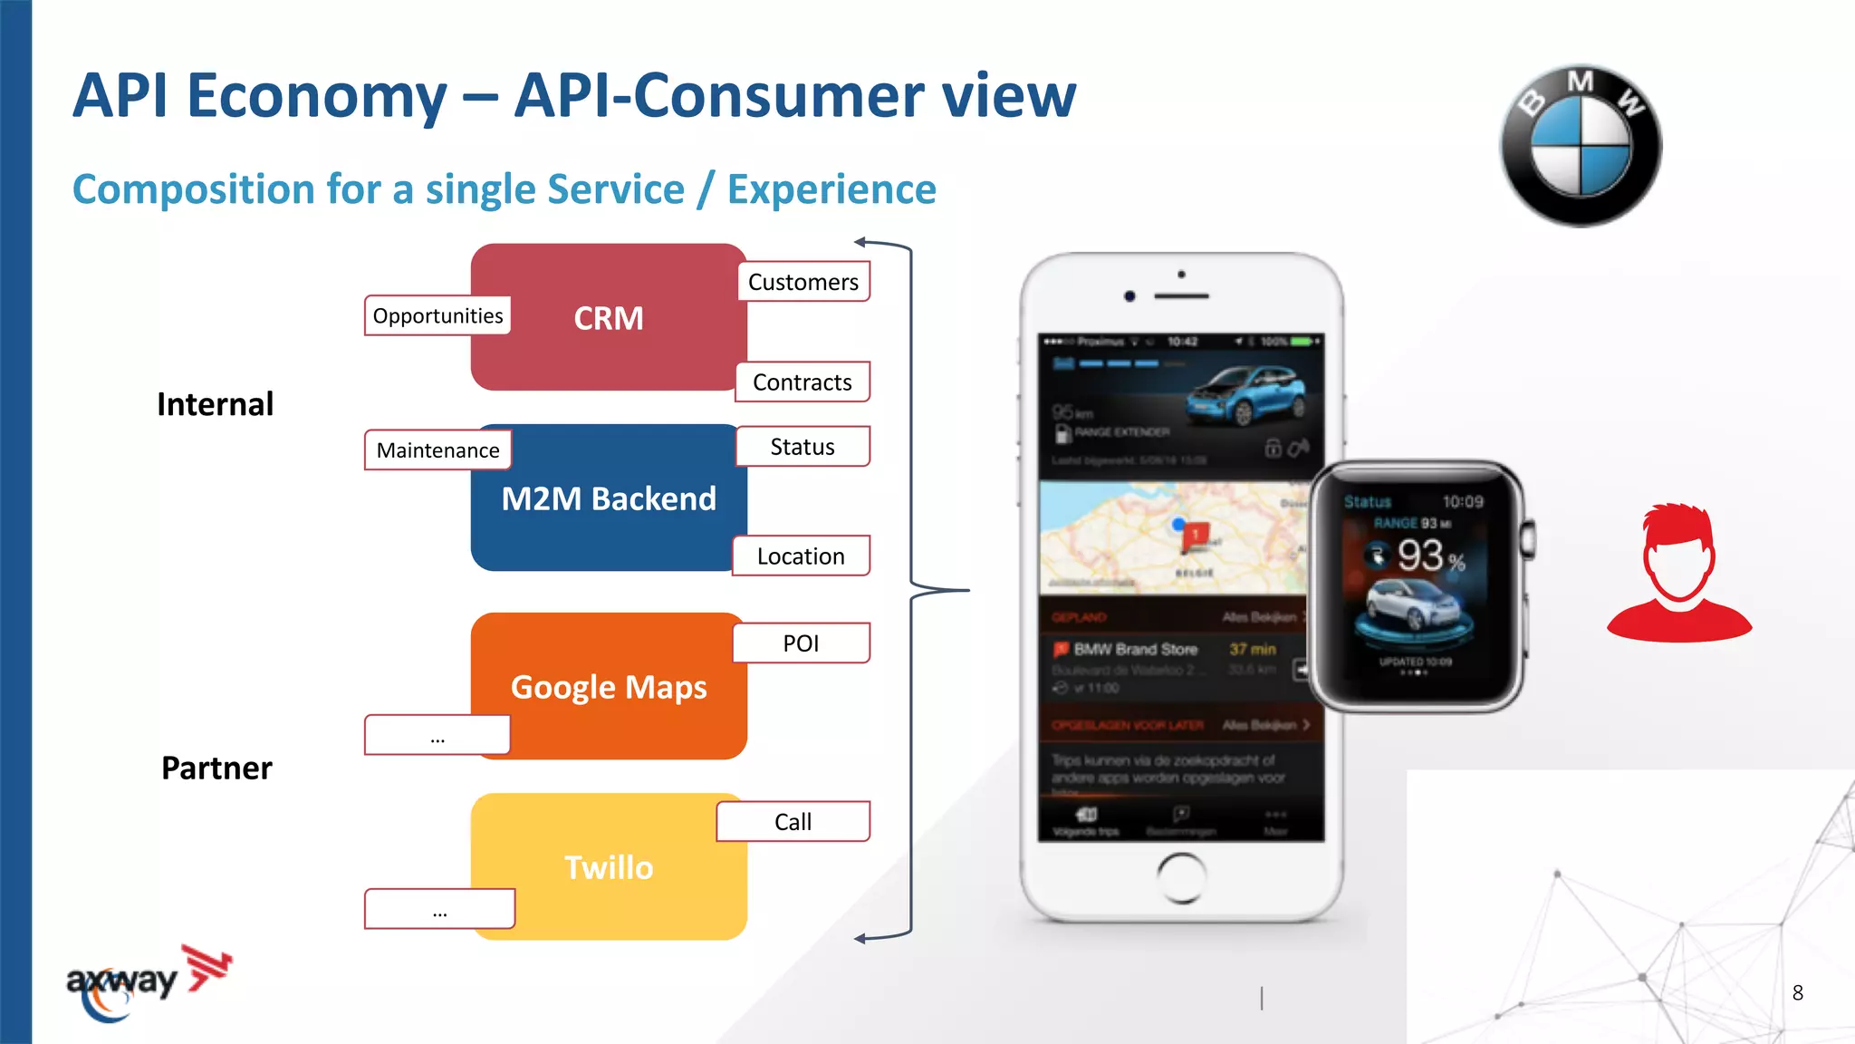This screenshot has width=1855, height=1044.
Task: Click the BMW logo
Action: (1581, 146)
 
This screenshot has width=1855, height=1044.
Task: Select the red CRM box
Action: (609, 318)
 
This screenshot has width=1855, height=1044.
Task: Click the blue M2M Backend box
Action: (609, 499)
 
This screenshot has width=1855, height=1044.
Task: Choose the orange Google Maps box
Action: (609, 687)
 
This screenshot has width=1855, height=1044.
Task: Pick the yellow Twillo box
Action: (609, 867)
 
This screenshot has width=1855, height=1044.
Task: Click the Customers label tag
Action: (803, 282)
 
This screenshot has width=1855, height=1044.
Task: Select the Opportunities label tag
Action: (437, 315)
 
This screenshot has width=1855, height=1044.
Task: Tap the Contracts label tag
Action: (803, 382)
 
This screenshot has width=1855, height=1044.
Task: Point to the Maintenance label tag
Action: (437, 450)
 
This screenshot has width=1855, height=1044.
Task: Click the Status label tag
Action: (803, 447)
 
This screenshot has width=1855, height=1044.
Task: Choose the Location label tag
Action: (801, 556)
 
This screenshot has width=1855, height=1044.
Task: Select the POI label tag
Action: (801, 643)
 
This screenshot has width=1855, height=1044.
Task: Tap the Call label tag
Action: (793, 822)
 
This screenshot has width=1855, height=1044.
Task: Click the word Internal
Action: (215, 404)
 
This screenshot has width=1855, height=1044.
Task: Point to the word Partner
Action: (216, 768)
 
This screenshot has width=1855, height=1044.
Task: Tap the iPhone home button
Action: (1181, 877)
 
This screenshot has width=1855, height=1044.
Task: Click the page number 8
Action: (1798, 993)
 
